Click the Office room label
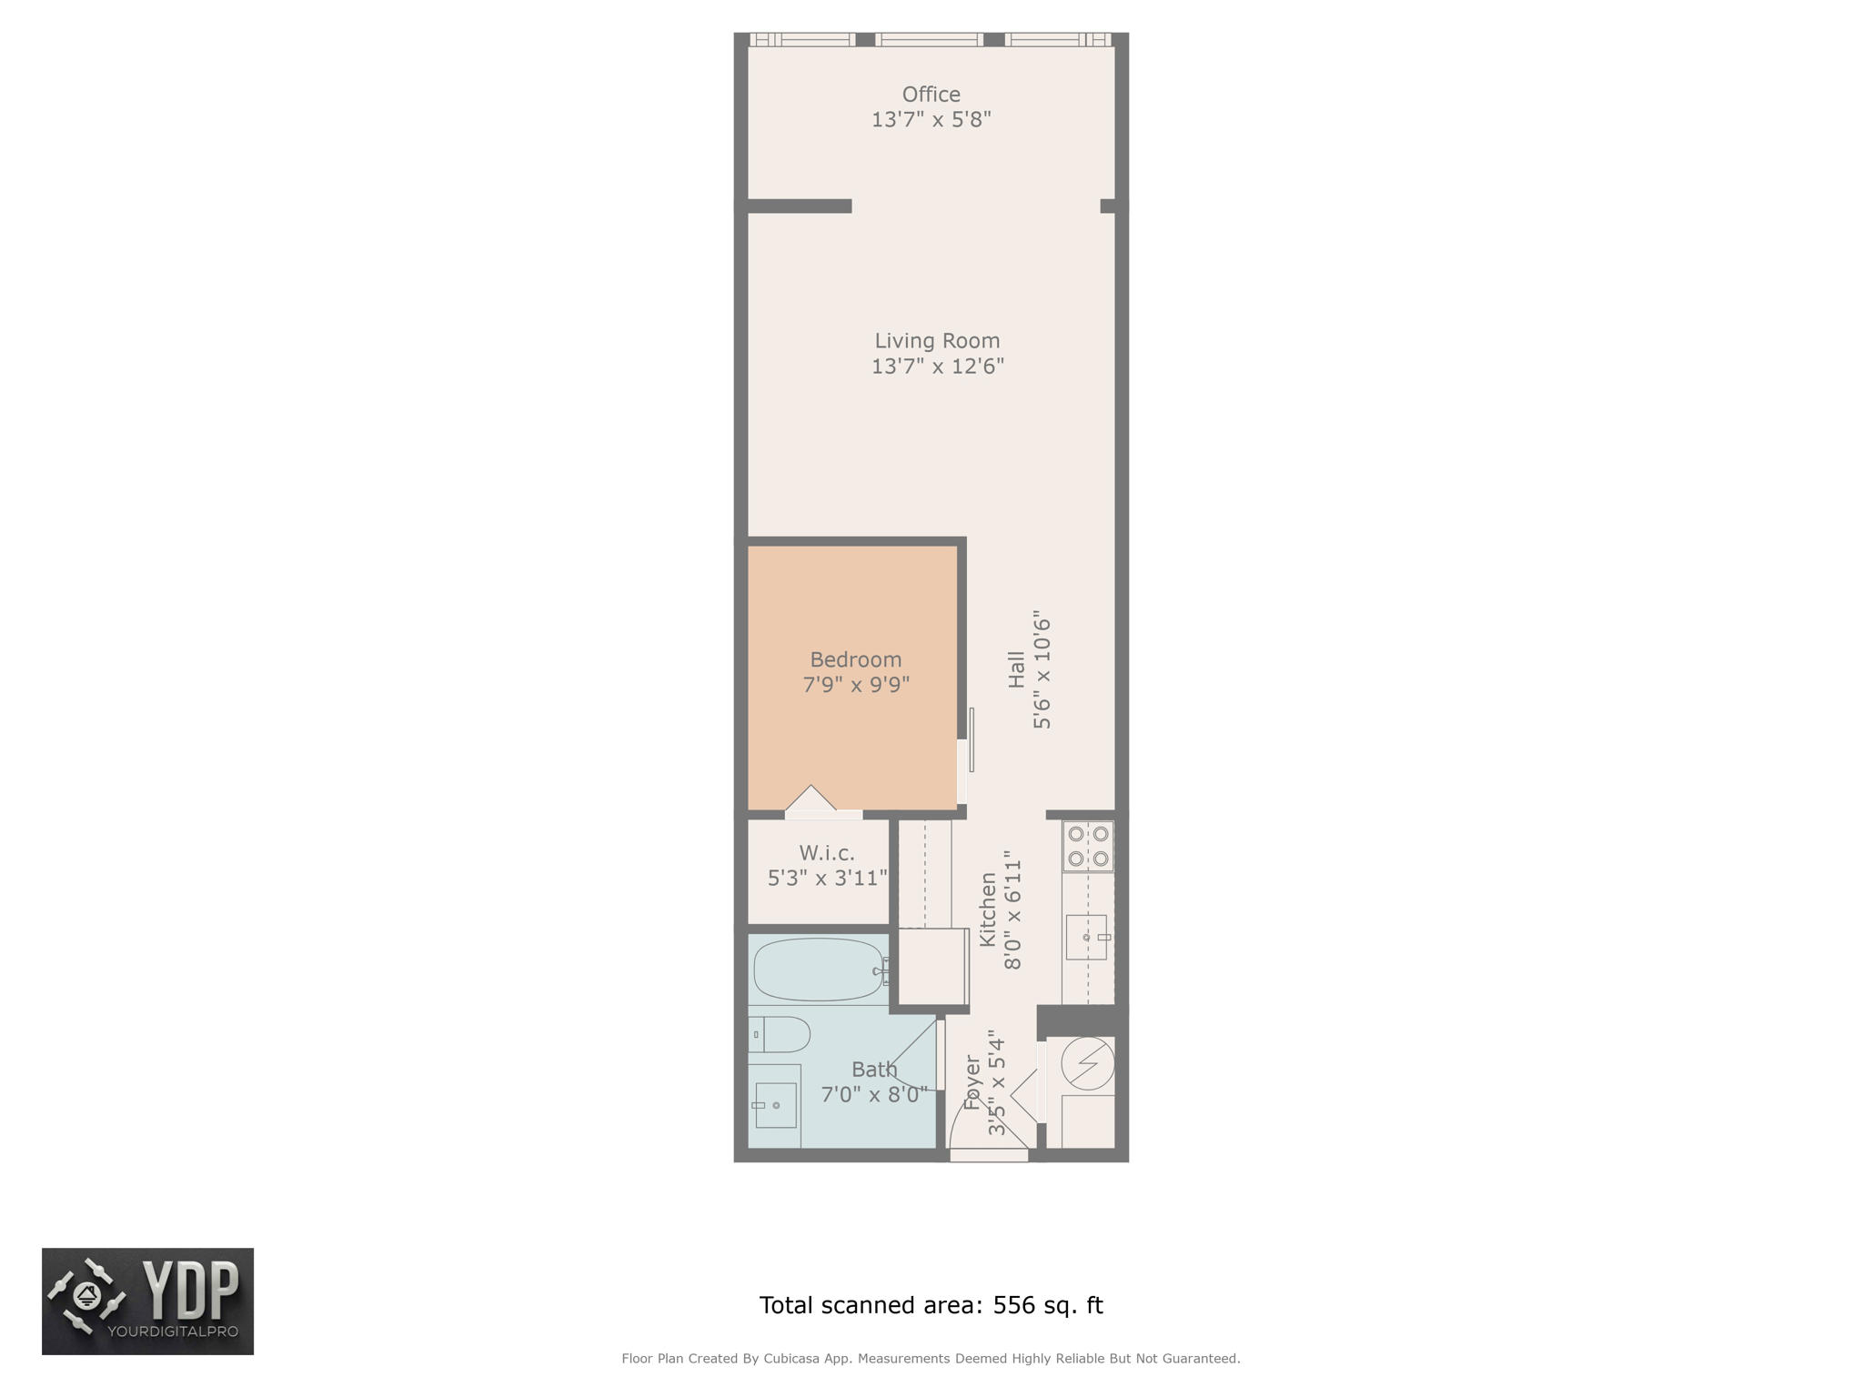(x=931, y=95)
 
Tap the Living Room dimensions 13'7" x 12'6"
(x=937, y=367)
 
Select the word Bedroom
(x=856, y=659)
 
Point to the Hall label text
(x=1016, y=669)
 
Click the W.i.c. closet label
(x=827, y=853)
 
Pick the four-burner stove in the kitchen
(x=1088, y=847)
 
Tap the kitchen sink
(x=1087, y=937)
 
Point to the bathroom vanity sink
(x=775, y=1105)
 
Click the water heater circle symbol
(x=1088, y=1063)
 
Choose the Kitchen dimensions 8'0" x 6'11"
(x=1013, y=910)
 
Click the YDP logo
(x=148, y=1302)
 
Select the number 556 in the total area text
(x=1014, y=1305)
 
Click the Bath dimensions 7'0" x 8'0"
(x=874, y=1094)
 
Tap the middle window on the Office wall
(x=930, y=39)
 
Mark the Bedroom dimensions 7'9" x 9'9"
(x=856, y=684)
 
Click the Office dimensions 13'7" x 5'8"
(x=931, y=119)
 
